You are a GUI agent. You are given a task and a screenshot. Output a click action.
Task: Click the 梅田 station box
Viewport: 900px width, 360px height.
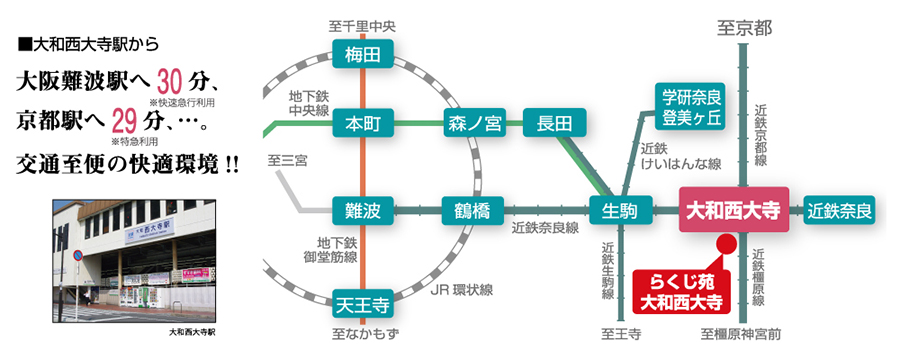[361, 55]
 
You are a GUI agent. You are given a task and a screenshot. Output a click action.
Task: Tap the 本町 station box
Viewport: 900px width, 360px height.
[361, 124]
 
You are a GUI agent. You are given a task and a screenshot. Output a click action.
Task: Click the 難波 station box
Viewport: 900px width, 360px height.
[361, 211]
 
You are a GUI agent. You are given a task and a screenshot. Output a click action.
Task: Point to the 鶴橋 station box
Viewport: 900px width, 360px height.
[471, 211]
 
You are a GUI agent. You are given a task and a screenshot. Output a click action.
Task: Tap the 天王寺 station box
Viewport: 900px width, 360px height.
[361, 299]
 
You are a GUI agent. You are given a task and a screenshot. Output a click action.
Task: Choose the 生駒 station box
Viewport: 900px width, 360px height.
[620, 211]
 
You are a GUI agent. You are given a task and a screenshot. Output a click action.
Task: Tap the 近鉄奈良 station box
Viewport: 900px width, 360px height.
[840, 211]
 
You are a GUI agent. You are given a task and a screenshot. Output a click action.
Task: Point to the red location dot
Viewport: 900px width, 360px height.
[727, 243]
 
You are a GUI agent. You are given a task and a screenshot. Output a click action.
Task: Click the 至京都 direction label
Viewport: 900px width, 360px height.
[744, 29]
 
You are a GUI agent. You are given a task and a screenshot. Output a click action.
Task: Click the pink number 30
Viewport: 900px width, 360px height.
[173, 79]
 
